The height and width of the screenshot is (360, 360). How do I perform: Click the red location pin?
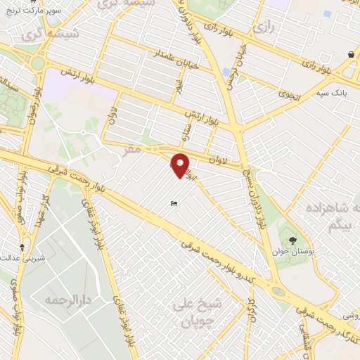pyautogui.click(x=181, y=165)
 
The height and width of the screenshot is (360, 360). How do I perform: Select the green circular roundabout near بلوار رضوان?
pyautogui.click(x=37, y=63)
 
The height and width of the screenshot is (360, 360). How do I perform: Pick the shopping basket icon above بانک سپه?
pyautogui.click(x=350, y=54)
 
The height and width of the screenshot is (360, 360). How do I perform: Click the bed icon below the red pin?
pyautogui.click(x=174, y=205)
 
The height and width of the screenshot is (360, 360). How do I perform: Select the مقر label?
pyautogui.click(x=150, y=150)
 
